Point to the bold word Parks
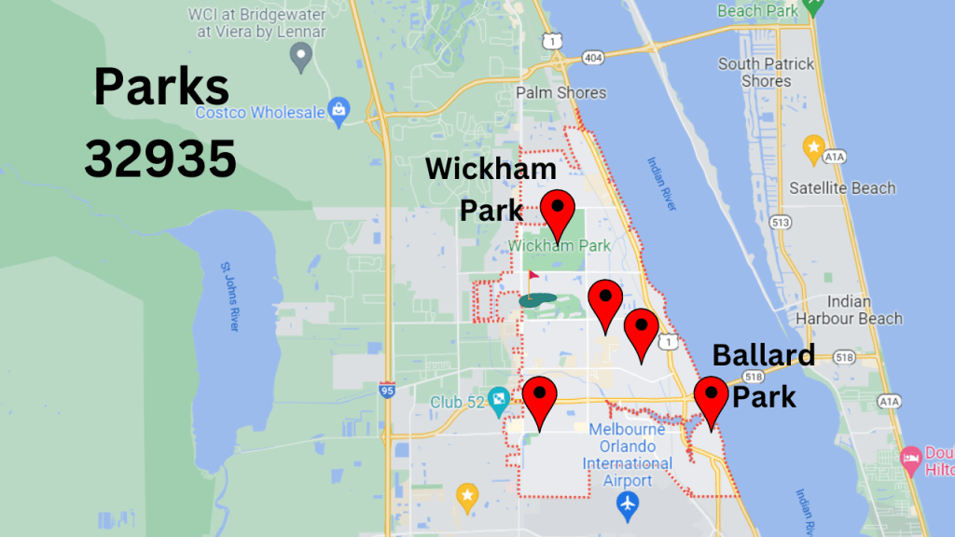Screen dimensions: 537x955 tap(161, 89)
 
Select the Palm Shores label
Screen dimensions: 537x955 tap(561, 92)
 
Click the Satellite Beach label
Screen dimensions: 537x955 tap(842, 187)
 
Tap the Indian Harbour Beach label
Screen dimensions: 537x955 tap(849, 310)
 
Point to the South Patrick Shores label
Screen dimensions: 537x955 tap(767, 73)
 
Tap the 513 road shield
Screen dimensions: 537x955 tap(780, 221)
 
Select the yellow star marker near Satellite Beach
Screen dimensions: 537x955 tap(813, 147)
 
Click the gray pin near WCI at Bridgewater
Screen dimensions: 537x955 tap(300, 59)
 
